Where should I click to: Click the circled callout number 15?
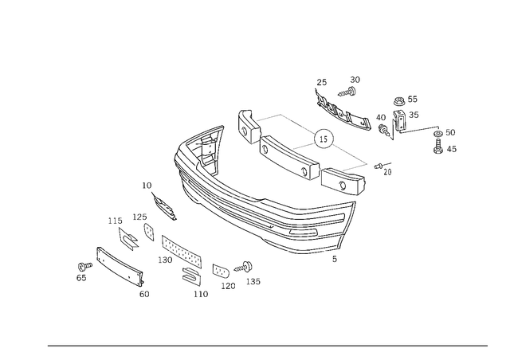tap(324, 139)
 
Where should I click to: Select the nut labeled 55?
tap(399, 101)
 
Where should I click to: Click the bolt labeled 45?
tap(438, 146)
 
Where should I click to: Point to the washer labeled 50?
tap(438, 133)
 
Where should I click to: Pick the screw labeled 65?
tap(85, 267)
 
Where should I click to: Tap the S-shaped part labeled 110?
tap(191, 276)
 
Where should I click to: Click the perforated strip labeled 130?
tap(182, 251)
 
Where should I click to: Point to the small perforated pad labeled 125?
tap(149, 233)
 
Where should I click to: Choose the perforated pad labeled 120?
tap(221, 271)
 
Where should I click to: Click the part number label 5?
tap(335, 259)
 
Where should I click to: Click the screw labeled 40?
tap(384, 130)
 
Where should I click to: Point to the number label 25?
tap(321, 82)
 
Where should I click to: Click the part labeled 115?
tap(127, 239)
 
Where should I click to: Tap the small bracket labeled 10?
tap(165, 206)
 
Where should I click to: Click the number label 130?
tap(165, 260)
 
